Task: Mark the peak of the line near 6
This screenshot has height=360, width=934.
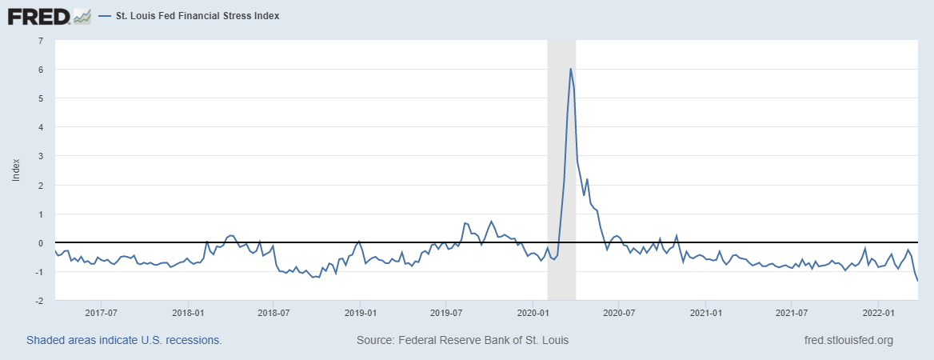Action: coord(570,69)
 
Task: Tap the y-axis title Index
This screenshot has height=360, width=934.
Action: coord(16,169)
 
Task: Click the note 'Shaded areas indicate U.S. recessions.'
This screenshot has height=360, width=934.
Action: coord(124,340)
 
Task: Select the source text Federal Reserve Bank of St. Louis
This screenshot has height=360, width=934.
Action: coord(462,340)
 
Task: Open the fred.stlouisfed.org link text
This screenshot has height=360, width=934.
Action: coord(848,340)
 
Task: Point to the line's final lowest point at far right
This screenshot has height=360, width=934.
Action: coord(917,280)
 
